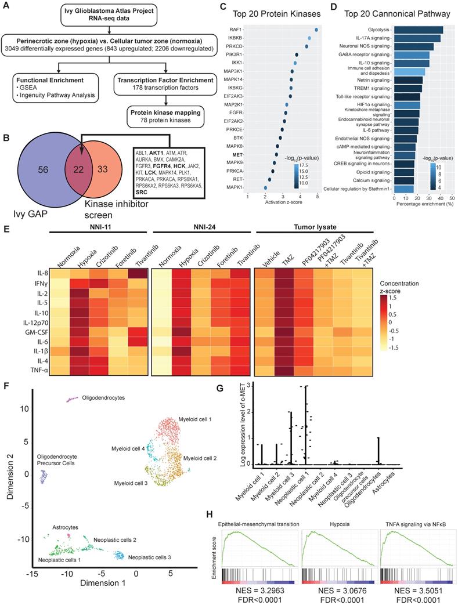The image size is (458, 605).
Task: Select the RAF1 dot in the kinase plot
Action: coord(316,29)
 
